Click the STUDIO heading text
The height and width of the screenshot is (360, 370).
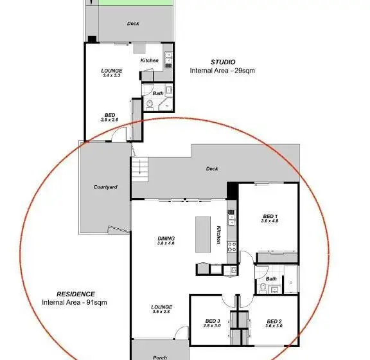[x=223, y=62]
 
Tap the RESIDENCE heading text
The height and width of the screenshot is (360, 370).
[x=76, y=294]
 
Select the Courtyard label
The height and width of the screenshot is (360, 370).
[x=105, y=187]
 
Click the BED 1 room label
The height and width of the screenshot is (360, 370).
[x=270, y=216]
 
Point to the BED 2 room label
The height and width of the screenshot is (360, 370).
[x=274, y=321]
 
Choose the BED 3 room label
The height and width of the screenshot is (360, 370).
[x=213, y=321]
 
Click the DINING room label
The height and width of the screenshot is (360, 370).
[x=166, y=239]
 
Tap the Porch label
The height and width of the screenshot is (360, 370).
[x=160, y=357]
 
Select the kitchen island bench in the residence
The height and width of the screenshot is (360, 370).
[x=203, y=235]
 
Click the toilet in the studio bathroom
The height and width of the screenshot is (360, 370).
[x=150, y=105]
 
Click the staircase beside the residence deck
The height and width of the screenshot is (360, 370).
[x=139, y=169]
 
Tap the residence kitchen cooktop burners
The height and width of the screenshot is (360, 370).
[x=231, y=247]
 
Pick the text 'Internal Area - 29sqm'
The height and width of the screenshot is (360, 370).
[x=222, y=71]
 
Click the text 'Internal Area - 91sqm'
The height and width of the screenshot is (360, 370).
[x=75, y=302]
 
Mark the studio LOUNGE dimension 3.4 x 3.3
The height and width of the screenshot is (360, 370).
[x=112, y=75]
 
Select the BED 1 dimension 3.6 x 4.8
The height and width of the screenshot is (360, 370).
[x=270, y=221]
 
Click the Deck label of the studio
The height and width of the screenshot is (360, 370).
[x=133, y=23]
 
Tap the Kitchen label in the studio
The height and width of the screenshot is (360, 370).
[x=150, y=60]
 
